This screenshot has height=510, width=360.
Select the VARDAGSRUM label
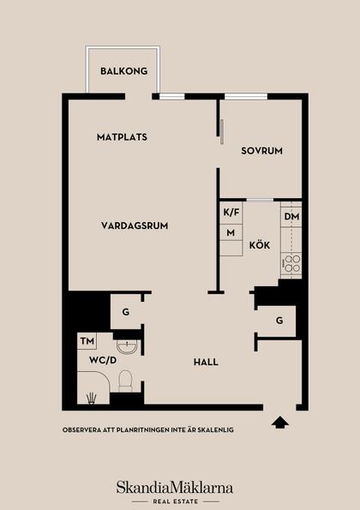134,225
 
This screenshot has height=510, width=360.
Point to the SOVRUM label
261,151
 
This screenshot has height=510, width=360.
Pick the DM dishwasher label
291,217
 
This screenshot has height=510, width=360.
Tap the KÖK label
259,245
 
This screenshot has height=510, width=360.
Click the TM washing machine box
87,342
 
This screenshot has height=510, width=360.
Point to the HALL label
206,362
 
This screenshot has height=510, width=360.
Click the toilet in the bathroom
125,380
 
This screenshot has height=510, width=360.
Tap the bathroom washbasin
127,346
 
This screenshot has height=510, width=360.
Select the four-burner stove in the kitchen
291,263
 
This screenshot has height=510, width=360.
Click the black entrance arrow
279,421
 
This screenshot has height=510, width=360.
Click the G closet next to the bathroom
126,312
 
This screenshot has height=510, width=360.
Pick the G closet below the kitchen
279,321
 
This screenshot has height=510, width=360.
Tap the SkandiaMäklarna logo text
175,487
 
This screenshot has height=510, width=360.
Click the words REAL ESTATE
175,501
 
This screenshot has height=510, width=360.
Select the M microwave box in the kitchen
231,232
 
